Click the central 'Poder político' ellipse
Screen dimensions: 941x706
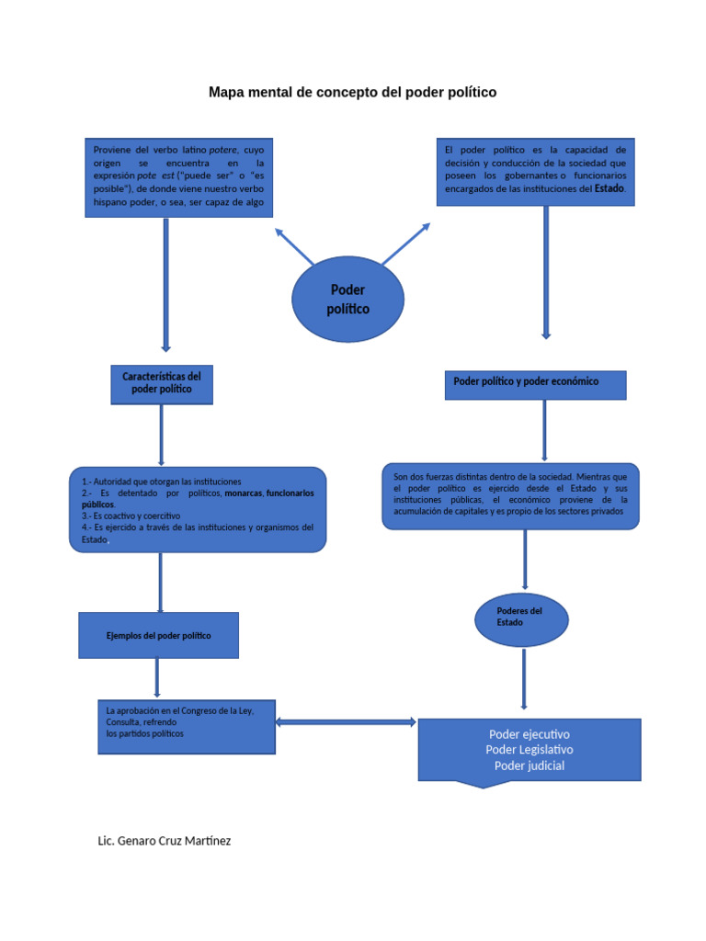[x=347, y=300]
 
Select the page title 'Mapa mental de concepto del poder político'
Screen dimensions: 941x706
[x=352, y=92]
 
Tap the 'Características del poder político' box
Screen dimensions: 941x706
[x=162, y=383]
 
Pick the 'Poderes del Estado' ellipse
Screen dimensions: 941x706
[x=521, y=618]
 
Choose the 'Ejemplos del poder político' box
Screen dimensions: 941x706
[x=159, y=635]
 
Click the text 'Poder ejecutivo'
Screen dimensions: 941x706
[x=529, y=734]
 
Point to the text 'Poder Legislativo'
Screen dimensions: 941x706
[x=529, y=750]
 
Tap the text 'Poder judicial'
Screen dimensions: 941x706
[x=529, y=765]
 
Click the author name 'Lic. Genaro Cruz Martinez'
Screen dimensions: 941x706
[x=165, y=840]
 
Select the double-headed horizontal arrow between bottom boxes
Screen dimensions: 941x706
[x=347, y=722]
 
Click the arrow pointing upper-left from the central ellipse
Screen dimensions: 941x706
[x=294, y=246]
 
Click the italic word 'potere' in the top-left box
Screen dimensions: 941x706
[x=223, y=149]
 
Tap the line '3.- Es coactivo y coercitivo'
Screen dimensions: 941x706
[x=131, y=516]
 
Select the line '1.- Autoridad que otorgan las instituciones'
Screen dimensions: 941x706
[x=162, y=481]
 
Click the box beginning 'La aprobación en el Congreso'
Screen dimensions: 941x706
[x=187, y=727]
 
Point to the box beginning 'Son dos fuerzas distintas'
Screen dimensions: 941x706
[x=510, y=495]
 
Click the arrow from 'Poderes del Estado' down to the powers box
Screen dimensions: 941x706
[x=524, y=678]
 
